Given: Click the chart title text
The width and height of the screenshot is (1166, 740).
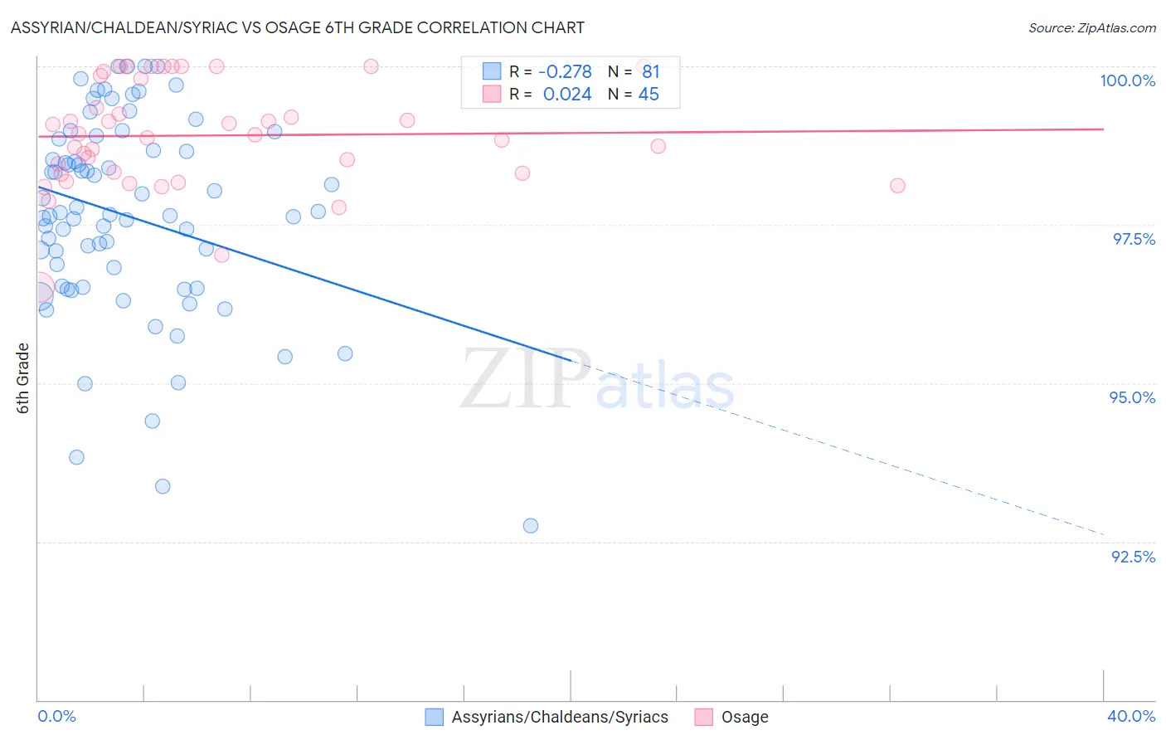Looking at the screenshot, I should click(x=297, y=27).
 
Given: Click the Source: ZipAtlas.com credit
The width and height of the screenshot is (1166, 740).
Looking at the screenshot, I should click(x=1091, y=27).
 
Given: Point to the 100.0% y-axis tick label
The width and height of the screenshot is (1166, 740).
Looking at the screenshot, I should click(x=1127, y=80).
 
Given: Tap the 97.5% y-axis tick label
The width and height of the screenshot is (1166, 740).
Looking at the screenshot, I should click(x=1133, y=239).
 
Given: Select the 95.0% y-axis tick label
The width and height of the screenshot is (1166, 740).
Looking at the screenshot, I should click(x=1132, y=397).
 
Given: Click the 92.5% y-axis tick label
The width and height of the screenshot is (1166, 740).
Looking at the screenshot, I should click(x=1133, y=557).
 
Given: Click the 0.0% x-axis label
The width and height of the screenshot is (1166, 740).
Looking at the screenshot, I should click(x=57, y=716).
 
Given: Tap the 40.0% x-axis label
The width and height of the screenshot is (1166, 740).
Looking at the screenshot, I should click(x=1130, y=716).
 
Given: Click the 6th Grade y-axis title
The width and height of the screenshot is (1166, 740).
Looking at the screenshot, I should click(x=23, y=378).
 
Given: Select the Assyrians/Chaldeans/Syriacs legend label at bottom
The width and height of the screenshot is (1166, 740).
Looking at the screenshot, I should click(x=560, y=717).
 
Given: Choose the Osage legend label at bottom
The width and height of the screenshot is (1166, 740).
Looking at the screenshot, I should click(x=744, y=717).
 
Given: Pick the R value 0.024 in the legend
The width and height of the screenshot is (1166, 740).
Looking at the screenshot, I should click(x=567, y=95).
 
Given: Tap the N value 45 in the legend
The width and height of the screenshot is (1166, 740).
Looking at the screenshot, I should click(x=649, y=95).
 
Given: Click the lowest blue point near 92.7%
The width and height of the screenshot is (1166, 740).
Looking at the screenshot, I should click(x=531, y=525).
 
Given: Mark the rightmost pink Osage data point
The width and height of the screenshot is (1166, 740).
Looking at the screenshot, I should click(x=897, y=185).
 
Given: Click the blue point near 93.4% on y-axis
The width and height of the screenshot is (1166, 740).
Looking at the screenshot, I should click(x=163, y=486).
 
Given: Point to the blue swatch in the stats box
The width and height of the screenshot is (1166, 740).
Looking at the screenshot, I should click(x=492, y=71).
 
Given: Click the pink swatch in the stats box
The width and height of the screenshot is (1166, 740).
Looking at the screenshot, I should click(x=492, y=94).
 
